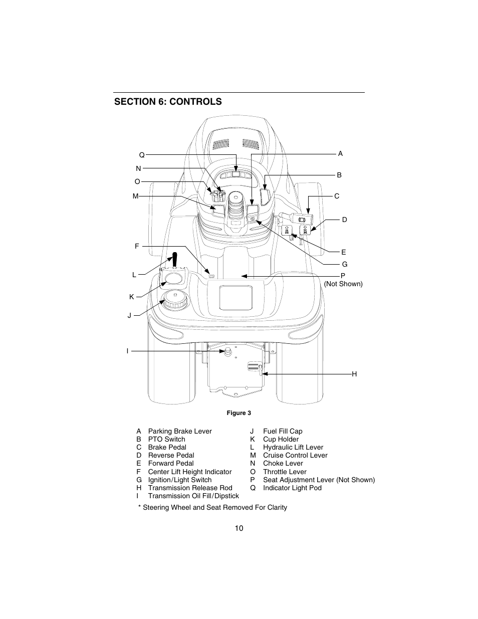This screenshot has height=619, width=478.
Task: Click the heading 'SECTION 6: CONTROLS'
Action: pyautogui.click(x=168, y=102)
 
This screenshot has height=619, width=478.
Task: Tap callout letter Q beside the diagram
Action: pyautogui.click(x=142, y=155)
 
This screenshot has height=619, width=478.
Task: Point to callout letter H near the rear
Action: pyautogui.click(x=354, y=374)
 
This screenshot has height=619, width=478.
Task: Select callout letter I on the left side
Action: pyautogui.click(x=127, y=351)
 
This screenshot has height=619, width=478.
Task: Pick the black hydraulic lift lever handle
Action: pyautogui.click(x=175, y=260)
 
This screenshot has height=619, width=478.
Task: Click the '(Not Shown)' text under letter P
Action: pyautogui.click(x=343, y=284)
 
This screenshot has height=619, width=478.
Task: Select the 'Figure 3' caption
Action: pyautogui.click(x=239, y=414)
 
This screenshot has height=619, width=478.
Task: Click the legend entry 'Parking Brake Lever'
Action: pyautogui.click(x=180, y=432)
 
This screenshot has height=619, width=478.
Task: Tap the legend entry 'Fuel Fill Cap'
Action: pyautogui.click(x=283, y=432)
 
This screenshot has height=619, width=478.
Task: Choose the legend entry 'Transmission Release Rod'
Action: pyautogui.click(x=190, y=488)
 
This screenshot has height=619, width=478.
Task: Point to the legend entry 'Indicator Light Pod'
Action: pyautogui.click(x=292, y=488)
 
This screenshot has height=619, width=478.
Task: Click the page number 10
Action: pyautogui.click(x=239, y=528)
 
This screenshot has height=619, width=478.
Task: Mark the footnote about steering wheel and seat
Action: pyautogui.click(x=213, y=508)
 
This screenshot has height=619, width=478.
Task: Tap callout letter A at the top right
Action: pyautogui.click(x=340, y=154)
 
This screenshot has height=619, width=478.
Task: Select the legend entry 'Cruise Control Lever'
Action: pyautogui.click(x=295, y=456)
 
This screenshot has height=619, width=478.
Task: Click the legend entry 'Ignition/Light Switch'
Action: pyautogui.click(x=180, y=480)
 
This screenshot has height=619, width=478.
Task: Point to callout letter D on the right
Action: pyautogui.click(x=344, y=220)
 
